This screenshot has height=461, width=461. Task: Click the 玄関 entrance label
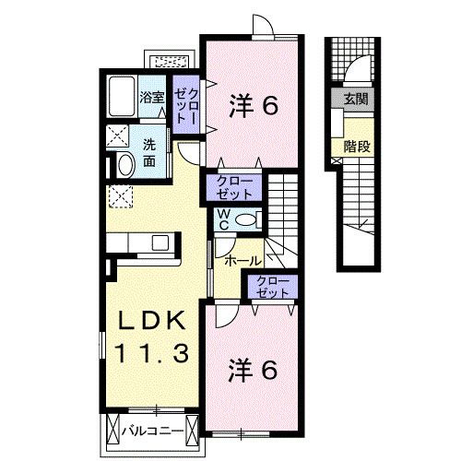355,99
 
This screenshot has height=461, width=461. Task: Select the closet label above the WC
238,187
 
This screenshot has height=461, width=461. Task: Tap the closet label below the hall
272,288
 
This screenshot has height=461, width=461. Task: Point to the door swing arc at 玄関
359,71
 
